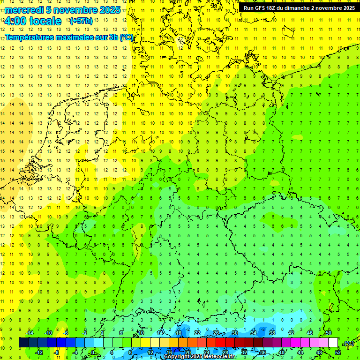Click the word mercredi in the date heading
[25, 10]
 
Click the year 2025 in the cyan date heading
[108, 10]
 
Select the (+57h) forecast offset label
[81, 21]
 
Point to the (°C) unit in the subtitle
[126, 37]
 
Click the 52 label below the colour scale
[338, 352]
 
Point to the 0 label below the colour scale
[93, 352]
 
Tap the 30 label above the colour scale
[235, 333]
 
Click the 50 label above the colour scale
[329, 333]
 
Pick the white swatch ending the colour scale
[333, 343]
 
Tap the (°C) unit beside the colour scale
[348, 343]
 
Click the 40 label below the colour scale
[282, 352]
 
